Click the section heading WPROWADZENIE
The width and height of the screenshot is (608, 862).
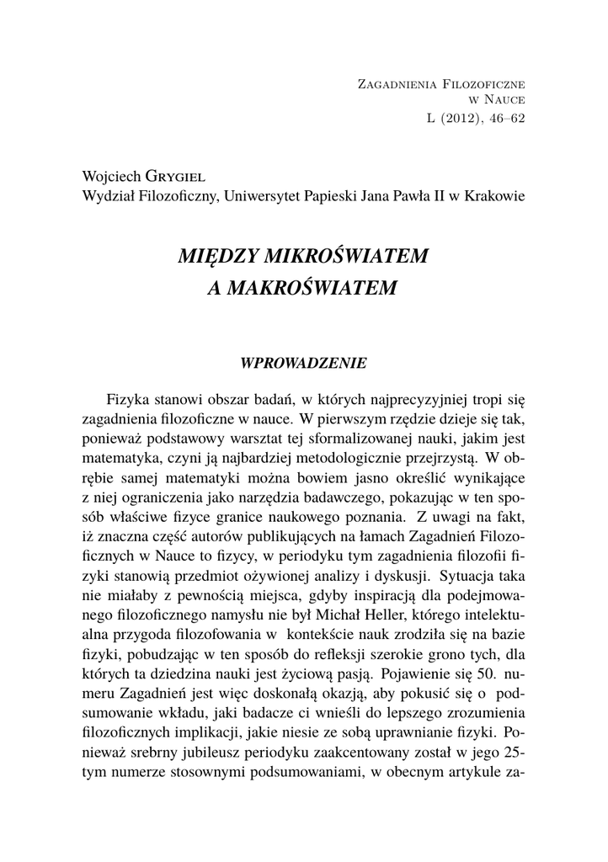click(x=303, y=364)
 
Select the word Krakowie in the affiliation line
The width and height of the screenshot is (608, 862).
click(x=498, y=196)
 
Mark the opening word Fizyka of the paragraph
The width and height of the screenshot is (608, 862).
click(x=129, y=397)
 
